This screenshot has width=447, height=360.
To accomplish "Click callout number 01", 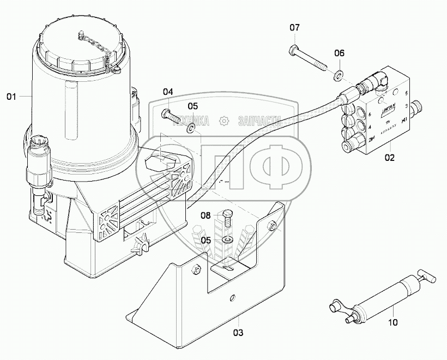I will pyautogui.click(x=10, y=97).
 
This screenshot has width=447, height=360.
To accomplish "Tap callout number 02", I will pyautogui.click(x=390, y=159).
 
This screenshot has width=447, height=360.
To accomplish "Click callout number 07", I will pyautogui.click(x=294, y=27).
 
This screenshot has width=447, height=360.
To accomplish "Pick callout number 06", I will pyautogui.click(x=339, y=53).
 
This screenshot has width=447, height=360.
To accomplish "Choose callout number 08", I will pyautogui.click(x=205, y=215).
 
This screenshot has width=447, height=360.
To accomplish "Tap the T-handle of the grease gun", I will pyautogui.click(x=426, y=277).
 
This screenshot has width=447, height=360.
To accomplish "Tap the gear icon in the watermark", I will pyautogui.click(x=223, y=121).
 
